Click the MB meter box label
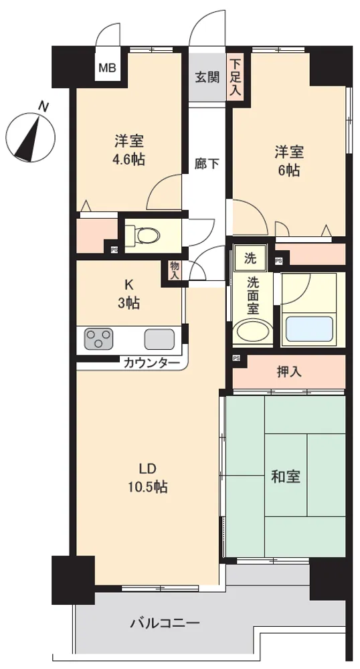[108, 68]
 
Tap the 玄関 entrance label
[207, 77]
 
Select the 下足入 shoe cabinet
[235, 77]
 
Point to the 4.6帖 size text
[128, 160]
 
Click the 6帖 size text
[289, 170]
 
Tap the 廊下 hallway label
[207, 164]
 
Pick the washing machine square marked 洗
[251, 258]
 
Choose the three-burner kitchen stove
[98, 339]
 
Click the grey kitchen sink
[159, 339]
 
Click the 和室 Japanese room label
[286, 476]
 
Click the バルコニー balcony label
[165, 624]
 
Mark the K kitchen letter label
[128, 284]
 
